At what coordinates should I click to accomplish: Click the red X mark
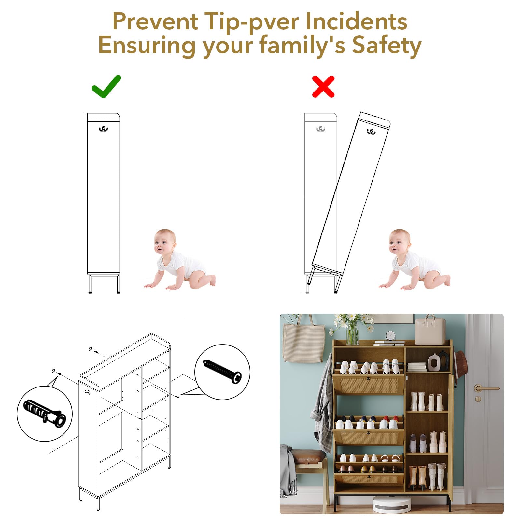pos(323,87)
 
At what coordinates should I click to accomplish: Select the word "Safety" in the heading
pos(387,46)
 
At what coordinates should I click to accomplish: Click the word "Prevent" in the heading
pos(155,21)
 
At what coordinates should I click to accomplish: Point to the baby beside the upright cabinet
pos(180,260)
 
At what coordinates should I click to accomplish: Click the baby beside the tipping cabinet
pos(414,260)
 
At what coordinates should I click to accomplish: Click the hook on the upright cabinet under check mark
pos(104,129)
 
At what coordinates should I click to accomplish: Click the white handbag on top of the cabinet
pos(430,330)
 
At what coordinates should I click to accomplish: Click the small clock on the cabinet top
pos(390,336)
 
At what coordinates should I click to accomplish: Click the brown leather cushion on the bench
pos(308,455)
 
